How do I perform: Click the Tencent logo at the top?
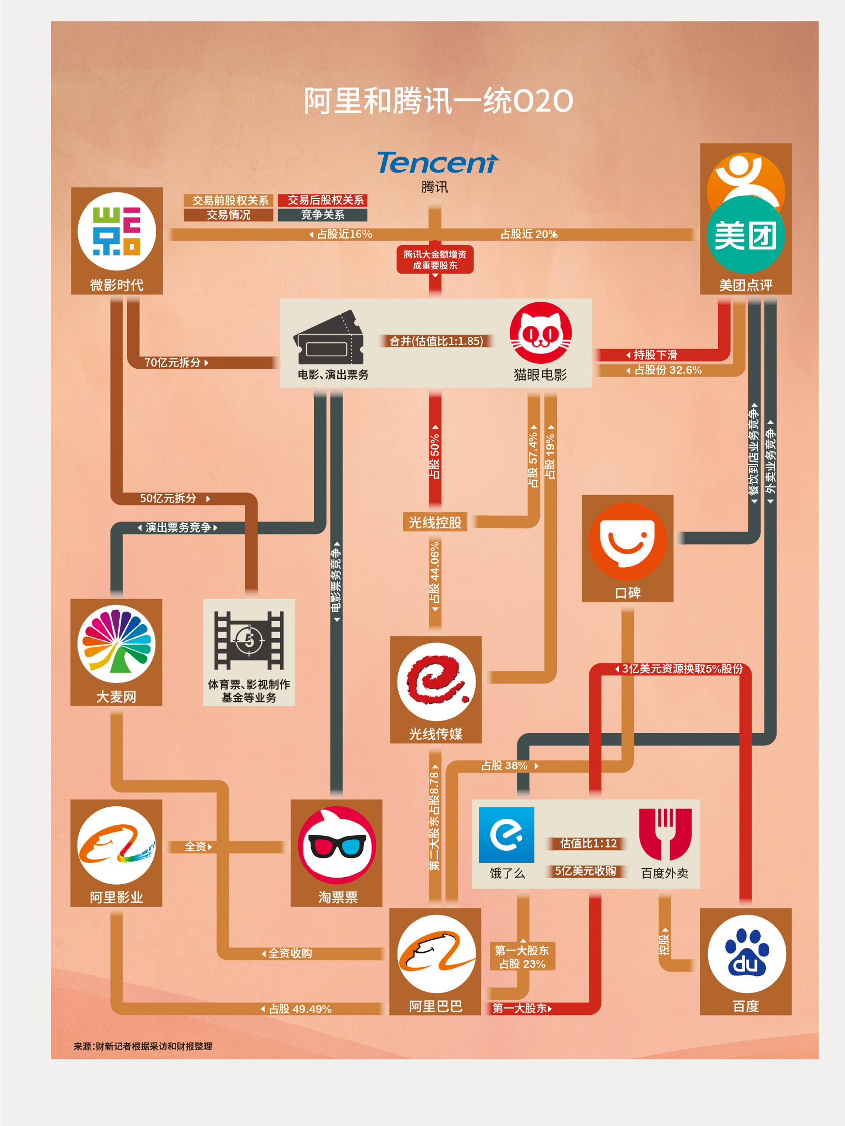(x=437, y=163)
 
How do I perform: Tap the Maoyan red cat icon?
(x=540, y=332)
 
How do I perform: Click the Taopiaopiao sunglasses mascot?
(x=337, y=845)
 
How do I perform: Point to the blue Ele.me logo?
(x=506, y=835)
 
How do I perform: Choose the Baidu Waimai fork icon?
(x=665, y=834)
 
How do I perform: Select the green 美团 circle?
(x=746, y=235)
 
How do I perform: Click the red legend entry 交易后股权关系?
(x=323, y=200)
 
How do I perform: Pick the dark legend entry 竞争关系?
(x=323, y=215)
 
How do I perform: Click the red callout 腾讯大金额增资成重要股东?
(x=435, y=260)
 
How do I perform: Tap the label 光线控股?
(x=435, y=522)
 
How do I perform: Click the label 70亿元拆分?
(x=173, y=363)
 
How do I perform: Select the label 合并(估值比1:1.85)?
(x=436, y=341)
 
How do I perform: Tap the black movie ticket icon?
(x=329, y=339)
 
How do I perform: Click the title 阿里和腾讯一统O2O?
(x=438, y=101)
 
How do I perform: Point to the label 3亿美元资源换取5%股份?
(x=682, y=669)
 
